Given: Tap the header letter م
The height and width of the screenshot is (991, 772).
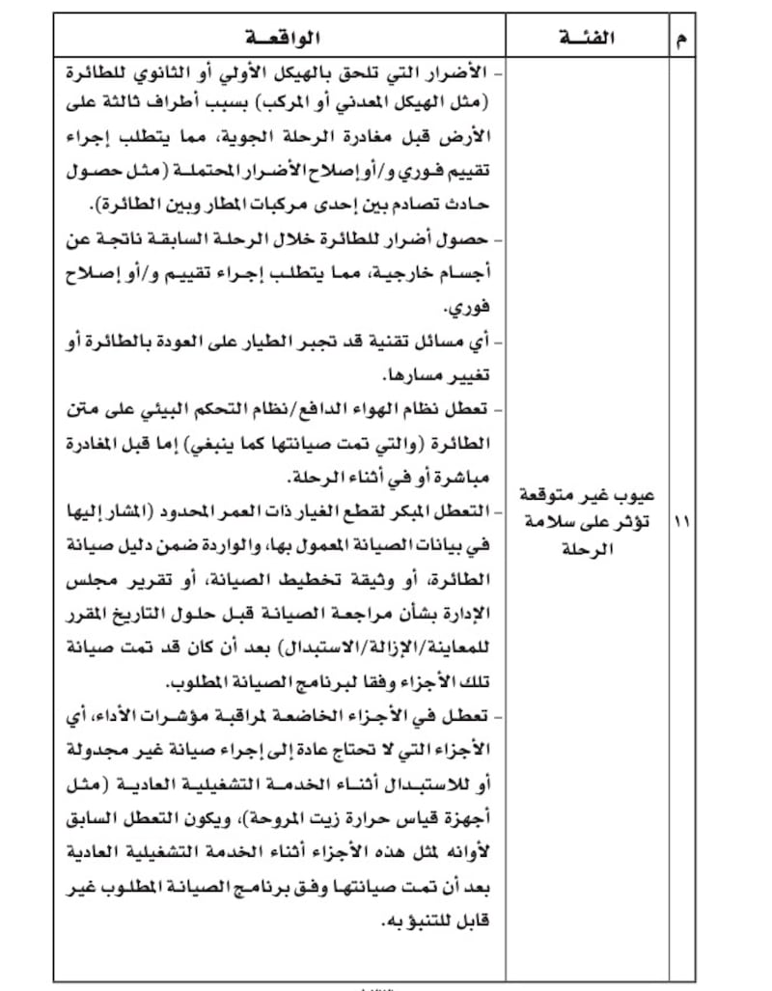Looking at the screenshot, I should pos(683,40).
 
